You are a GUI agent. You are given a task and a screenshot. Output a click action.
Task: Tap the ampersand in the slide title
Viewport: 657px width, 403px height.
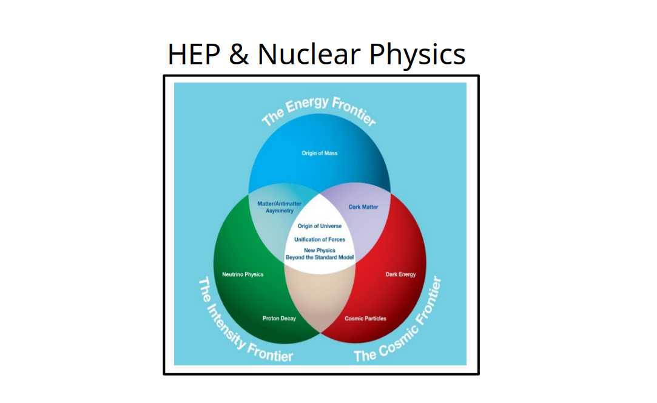click(239, 54)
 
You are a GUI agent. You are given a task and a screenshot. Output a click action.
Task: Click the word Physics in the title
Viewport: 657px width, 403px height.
click(417, 54)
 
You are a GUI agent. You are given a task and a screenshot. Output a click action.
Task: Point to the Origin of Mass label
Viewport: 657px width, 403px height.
click(320, 153)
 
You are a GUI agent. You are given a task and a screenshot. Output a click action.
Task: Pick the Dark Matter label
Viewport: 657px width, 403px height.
click(363, 207)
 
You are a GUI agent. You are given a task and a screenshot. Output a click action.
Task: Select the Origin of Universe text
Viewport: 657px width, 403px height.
click(320, 226)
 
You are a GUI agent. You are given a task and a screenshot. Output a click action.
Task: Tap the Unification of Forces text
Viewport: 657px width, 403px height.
click(320, 240)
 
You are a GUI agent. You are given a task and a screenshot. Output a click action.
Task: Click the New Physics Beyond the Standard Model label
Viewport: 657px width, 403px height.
click(320, 254)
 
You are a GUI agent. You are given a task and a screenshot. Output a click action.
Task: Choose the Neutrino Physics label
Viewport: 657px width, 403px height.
click(243, 274)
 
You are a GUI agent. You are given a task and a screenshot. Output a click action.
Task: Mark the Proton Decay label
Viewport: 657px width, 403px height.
click(279, 319)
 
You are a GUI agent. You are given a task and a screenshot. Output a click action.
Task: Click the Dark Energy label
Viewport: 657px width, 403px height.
click(401, 274)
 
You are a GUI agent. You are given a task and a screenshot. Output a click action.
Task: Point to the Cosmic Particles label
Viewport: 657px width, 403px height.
click(365, 319)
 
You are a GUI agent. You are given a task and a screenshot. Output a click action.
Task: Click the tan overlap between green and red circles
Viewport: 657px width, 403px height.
click(320, 297)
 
